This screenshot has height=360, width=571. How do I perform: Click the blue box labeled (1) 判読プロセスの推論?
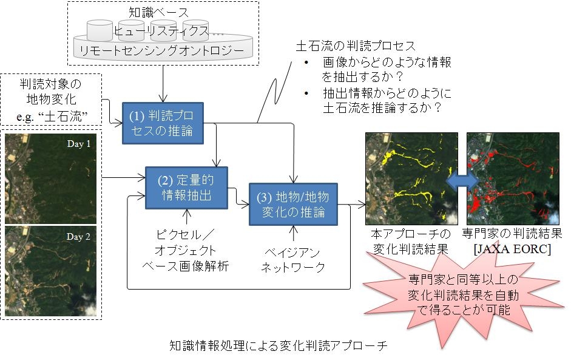(163, 122)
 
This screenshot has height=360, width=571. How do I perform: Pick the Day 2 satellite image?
(51, 270)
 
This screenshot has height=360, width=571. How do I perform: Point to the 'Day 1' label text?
(79, 144)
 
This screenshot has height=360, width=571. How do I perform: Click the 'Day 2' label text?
(79, 237)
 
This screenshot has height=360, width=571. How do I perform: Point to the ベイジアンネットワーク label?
(292, 259)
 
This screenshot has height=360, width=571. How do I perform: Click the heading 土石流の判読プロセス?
(354, 46)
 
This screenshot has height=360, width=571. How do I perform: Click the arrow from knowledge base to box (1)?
(163, 81)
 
